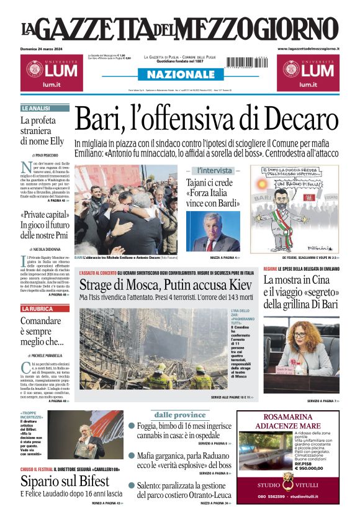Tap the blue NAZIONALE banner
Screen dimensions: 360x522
click(x=179, y=74)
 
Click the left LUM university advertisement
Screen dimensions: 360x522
click(x=49, y=73)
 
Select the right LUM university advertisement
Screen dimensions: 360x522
click(x=308, y=73)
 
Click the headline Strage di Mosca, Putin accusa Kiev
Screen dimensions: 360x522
click(x=165, y=285)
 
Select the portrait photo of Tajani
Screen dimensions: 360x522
click(x=213, y=231)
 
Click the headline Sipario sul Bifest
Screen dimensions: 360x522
click(x=63, y=480)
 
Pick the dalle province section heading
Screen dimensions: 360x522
click(x=180, y=414)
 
